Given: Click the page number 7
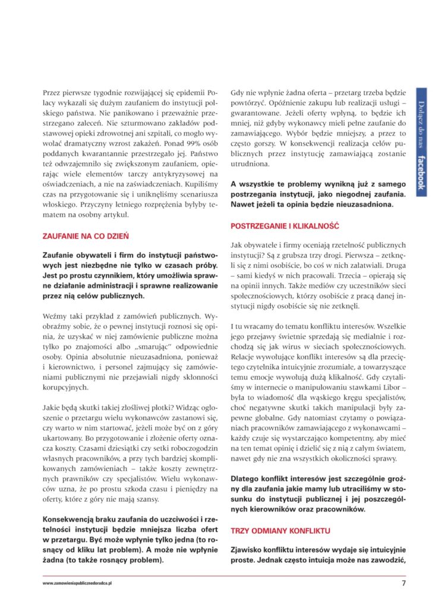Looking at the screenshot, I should [x=404, y=583].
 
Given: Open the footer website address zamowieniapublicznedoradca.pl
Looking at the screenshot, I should [x=77, y=583].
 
